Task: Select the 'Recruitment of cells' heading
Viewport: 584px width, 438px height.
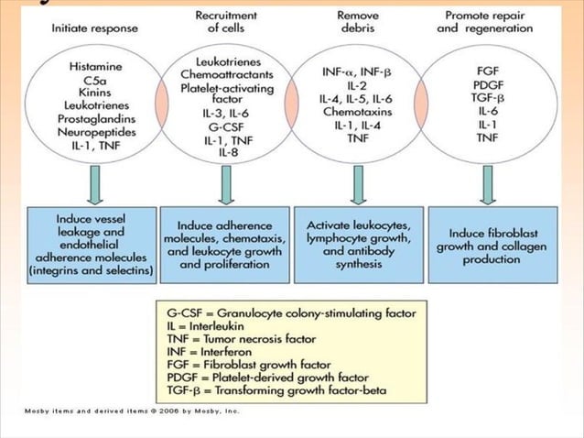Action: click(225, 21)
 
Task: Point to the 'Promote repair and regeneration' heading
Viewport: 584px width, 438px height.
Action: click(481, 21)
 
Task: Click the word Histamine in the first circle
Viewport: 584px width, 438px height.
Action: click(94, 68)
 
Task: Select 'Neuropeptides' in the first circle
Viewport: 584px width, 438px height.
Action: click(94, 131)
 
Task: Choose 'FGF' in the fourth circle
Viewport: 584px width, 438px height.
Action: click(481, 69)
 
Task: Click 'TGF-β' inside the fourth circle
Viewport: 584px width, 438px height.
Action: click(481, 95)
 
